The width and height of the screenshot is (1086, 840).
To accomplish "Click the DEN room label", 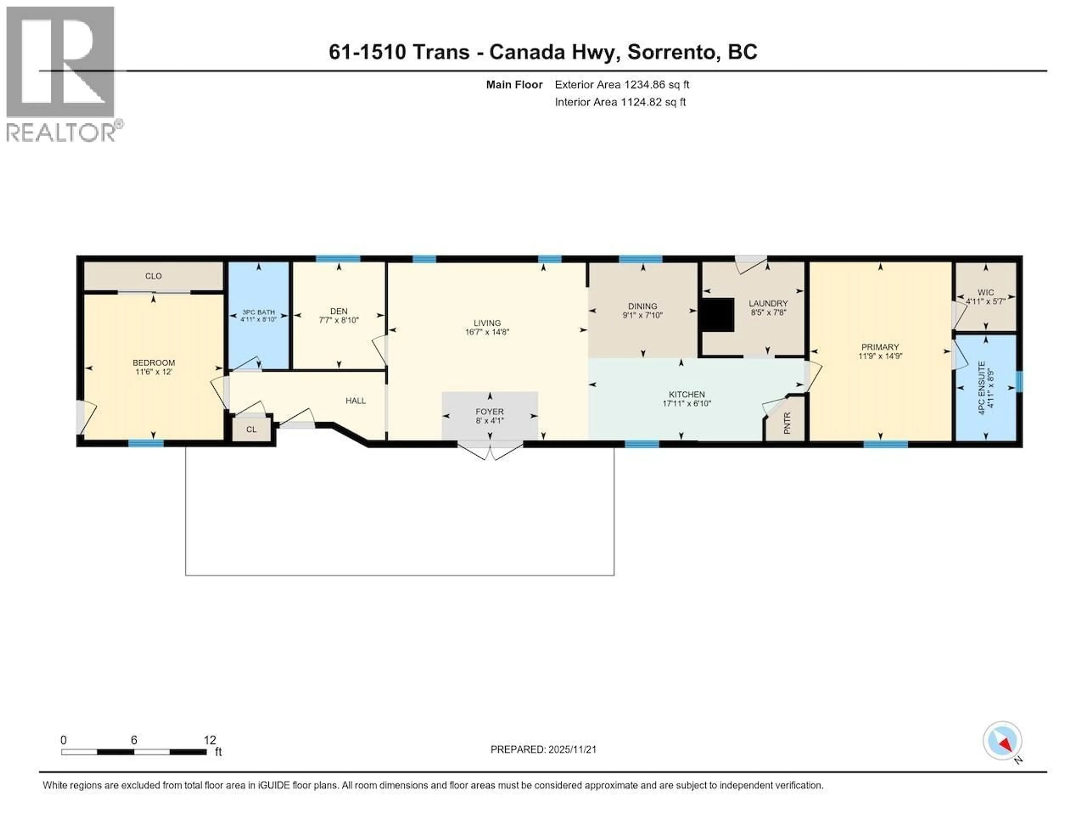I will pyautogui.click(x=339, y=311).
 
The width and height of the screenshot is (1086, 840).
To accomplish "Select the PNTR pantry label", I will pyautogui.click(x=787, y=423).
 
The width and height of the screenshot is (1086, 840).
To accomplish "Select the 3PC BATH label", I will pyautogui.click(x=258, y=312).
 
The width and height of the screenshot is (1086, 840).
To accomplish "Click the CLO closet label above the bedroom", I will pyautogui.click(x=153, y=276).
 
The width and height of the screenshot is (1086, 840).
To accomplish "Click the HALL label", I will pyautogui.click(x=355, y=400).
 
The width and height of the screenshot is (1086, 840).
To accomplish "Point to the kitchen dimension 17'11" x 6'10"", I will pyautogui.click(x=687, y=403).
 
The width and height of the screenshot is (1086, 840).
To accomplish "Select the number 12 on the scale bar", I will pyautogui.click(x=210, y=740).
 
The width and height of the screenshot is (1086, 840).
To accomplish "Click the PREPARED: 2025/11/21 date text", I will pyautogui.click(x=543, y=749).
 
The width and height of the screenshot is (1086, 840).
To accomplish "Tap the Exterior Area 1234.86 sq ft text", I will pyautogui.click(x=622, y=85).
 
